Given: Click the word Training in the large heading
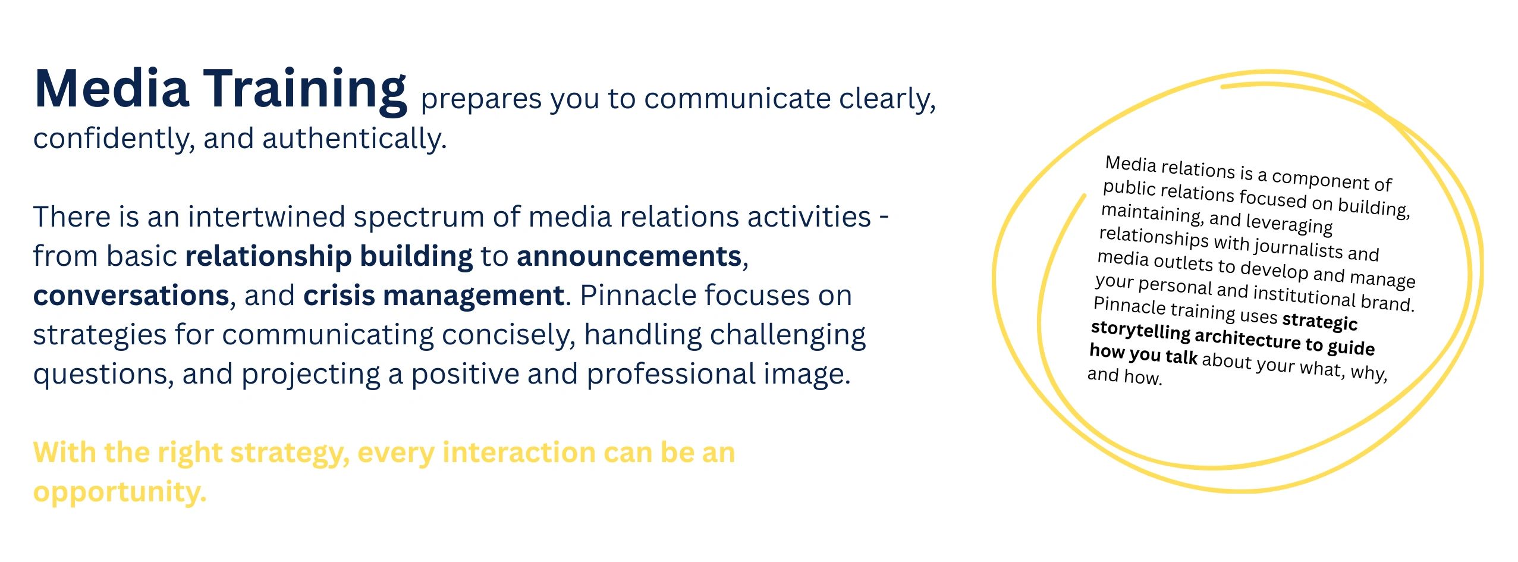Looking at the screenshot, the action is click(306, 91).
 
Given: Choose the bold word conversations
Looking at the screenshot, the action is click(131, 296).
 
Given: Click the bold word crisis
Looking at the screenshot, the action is click(338, 295).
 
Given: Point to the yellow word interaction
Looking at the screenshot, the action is click(518, 453).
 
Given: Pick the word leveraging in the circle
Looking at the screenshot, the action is click(1289, 223).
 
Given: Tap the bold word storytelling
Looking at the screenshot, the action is click(1140, 331).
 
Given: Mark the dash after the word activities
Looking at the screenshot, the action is click(884, 218).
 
